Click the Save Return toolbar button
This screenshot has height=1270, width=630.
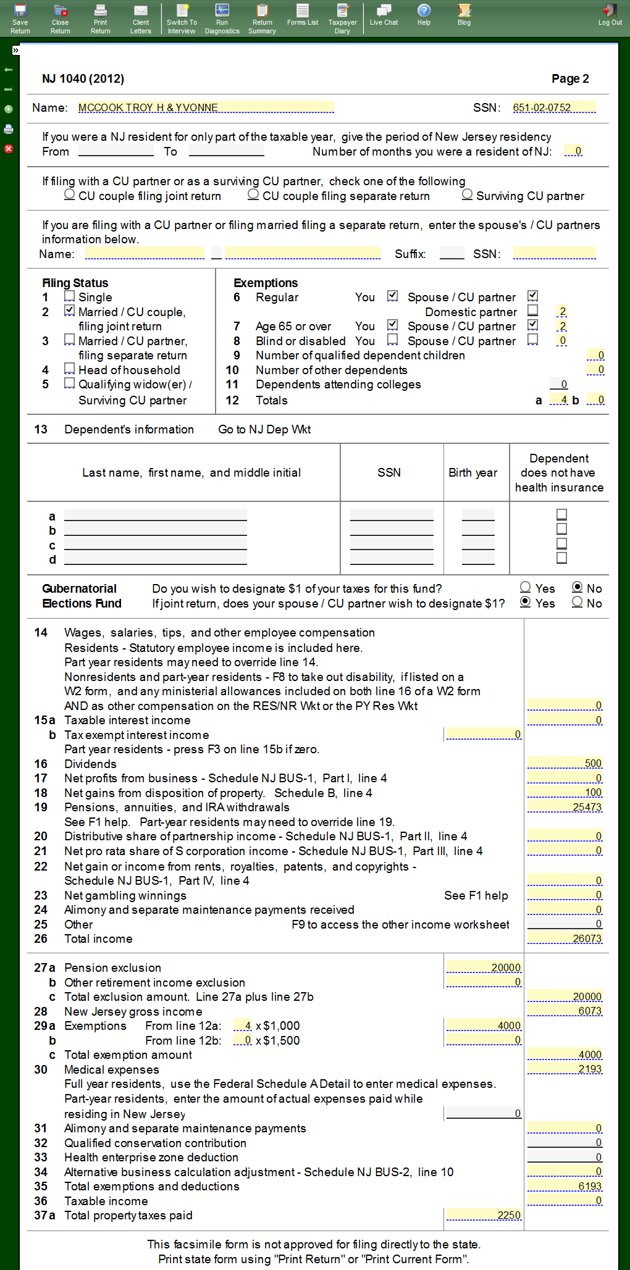click(x=20, y=19)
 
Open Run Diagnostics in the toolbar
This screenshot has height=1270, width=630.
click(x=222, y=19)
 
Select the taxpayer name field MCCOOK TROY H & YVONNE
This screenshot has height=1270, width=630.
click(x=206, y=107)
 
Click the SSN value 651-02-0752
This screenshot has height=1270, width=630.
click(x=553, y=107)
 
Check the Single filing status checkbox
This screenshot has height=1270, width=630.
click(x=70, y=296)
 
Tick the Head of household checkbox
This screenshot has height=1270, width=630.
click(x=70, y=369)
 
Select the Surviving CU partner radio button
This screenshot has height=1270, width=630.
click(x=468, y=194)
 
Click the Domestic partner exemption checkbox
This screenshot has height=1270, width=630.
click(x=533, y=311)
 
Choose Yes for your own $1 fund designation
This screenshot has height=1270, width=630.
click(x=526, y=587)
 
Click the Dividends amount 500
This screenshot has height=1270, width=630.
click(x=565, y=763)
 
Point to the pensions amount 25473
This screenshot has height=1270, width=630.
click(x=565, y=807)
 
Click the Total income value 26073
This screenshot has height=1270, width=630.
click(x=565, y=938)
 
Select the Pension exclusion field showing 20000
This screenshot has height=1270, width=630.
click(x=484, y=967)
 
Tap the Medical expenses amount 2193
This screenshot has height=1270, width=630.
click(x=565, y=1069)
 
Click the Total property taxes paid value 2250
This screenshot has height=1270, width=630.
click(x=484, y=1215)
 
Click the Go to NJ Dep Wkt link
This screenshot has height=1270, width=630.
click(x=264, y=429)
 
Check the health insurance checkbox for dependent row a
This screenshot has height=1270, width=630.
click(x=561, y=514)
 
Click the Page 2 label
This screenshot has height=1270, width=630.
click(x=570, y=78)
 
